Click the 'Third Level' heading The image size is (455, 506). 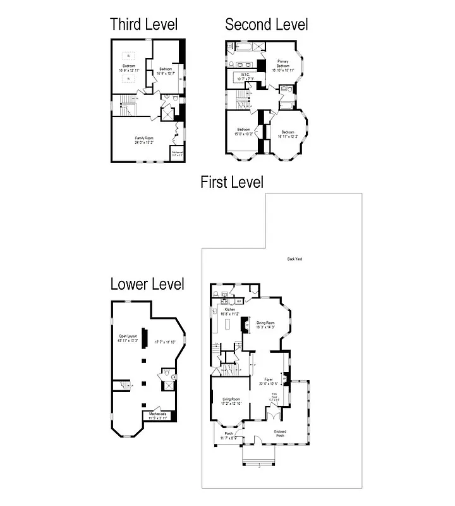143,25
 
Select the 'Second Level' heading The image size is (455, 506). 267,25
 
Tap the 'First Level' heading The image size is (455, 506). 231,183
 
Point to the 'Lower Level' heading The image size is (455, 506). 147,284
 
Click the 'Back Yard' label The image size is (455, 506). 294,259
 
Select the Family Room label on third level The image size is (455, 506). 144,138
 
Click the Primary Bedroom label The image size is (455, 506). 282,64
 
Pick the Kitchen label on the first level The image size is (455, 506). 225,309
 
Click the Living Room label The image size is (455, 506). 231,399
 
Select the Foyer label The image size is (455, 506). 269,379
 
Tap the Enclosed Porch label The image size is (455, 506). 280,433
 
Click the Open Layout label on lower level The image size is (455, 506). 128,336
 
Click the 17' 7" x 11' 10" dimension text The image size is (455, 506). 167,342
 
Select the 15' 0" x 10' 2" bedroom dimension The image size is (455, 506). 243,134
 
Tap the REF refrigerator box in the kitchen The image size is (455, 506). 239,302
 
